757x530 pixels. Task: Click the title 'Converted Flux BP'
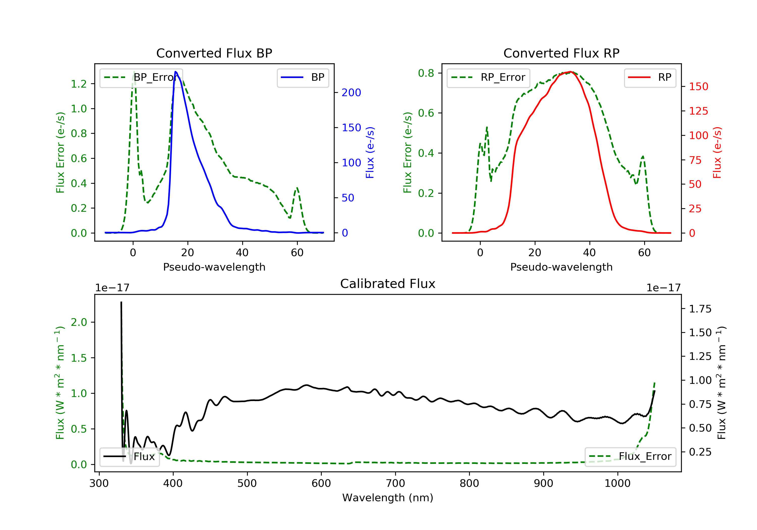214,53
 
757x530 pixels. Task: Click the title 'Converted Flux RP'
561,53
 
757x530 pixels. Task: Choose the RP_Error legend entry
488,77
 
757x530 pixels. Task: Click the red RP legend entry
650,77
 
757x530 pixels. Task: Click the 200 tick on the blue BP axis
351,93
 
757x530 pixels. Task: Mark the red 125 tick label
698,111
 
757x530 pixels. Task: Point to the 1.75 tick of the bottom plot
700,309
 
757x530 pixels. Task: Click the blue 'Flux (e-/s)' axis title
370,152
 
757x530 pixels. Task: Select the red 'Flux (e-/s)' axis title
717,152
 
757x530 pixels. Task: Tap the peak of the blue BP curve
175,72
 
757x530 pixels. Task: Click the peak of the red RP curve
570,72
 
